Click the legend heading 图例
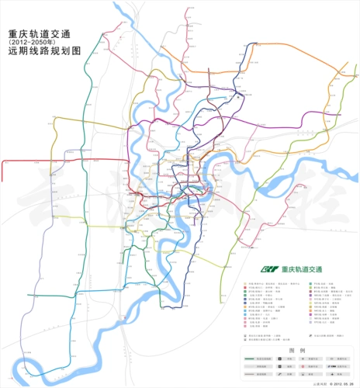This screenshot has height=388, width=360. coord(296,350)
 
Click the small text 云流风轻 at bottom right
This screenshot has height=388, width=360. coord(316,383)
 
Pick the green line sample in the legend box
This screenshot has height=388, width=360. coord(254,359)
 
